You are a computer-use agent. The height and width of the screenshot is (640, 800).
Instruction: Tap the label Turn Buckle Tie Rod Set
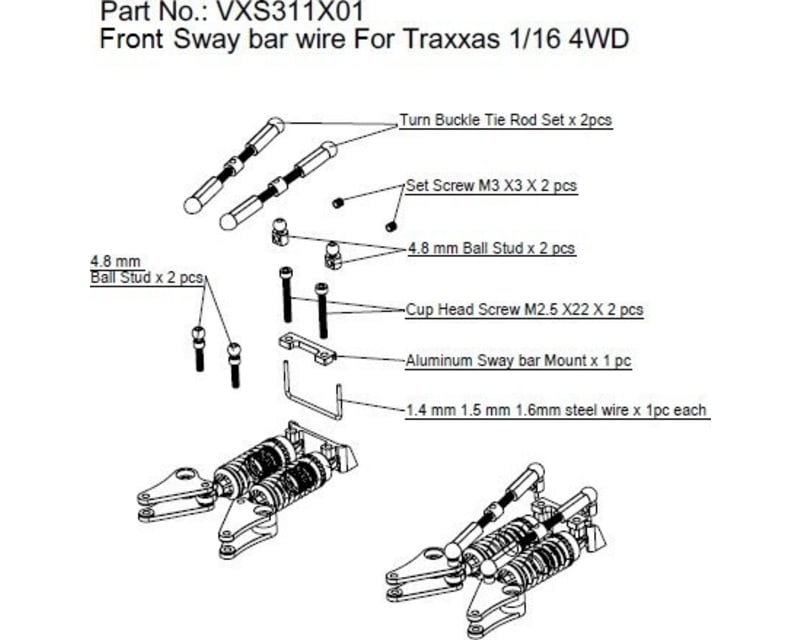(505, 120)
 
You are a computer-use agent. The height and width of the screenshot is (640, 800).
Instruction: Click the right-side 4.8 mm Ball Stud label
(491, 247)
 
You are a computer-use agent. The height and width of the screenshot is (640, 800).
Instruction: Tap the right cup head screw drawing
(321, 308)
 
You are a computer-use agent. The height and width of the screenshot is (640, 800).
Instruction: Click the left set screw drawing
(341, 201)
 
